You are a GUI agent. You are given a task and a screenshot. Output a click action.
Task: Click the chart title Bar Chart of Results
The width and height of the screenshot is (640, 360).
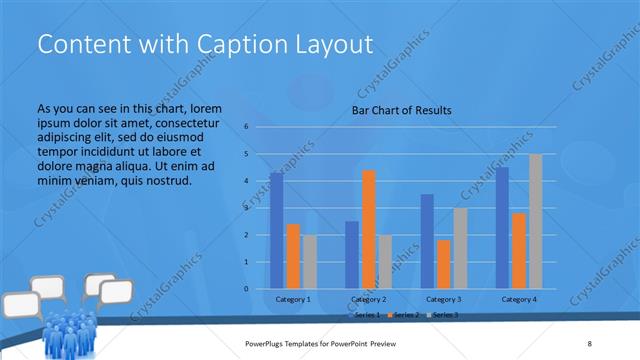point(401,110)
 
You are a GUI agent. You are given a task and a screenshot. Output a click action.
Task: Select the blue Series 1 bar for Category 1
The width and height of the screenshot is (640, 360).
point(276,230)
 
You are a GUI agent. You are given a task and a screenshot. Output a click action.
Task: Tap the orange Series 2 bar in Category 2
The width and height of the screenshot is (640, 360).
point(369,229)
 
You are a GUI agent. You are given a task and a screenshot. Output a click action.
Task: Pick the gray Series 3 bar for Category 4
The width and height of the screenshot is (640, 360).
point(536,221)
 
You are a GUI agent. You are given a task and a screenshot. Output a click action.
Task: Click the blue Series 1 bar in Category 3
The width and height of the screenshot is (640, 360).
point(427,241)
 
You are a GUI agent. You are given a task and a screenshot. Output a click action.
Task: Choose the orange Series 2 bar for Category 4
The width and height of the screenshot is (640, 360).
point(519,250)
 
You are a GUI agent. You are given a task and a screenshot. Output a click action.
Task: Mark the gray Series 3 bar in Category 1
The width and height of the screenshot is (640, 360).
point(310,261)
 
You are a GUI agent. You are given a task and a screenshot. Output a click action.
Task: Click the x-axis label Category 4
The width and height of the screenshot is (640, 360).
point(519,299)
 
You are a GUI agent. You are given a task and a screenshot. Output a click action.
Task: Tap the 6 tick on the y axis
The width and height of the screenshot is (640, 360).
point(246,127)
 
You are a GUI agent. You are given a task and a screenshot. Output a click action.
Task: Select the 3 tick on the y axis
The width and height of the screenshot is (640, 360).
point(246,208)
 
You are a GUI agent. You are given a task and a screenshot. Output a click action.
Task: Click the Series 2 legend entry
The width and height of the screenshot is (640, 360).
point(406,315)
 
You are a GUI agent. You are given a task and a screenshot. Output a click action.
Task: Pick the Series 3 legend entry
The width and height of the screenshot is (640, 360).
point(444,315)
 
